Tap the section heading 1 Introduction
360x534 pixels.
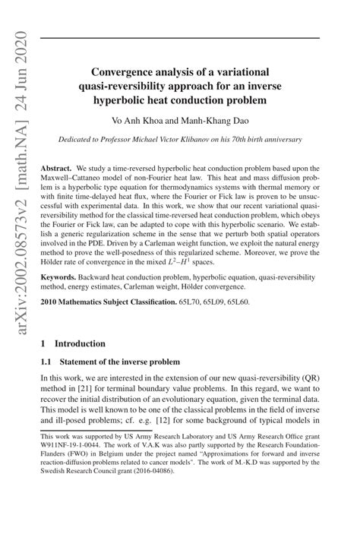click(x=73, y=365)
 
